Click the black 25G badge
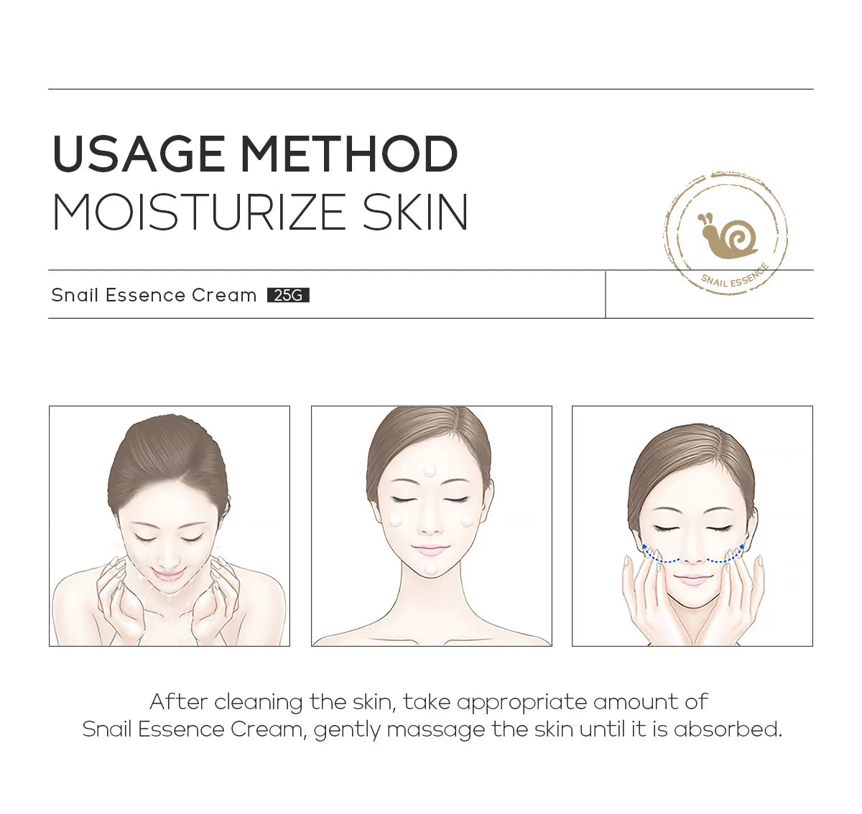(x=288, y=295)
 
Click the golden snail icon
(x=727, y=235)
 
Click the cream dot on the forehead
(x=430, y=471)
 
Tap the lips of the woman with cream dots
(x=430, y=550)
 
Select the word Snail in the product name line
(x=75, y=295)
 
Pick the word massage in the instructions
(x=436, y=731)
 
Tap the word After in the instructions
(x=179, y=701)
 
